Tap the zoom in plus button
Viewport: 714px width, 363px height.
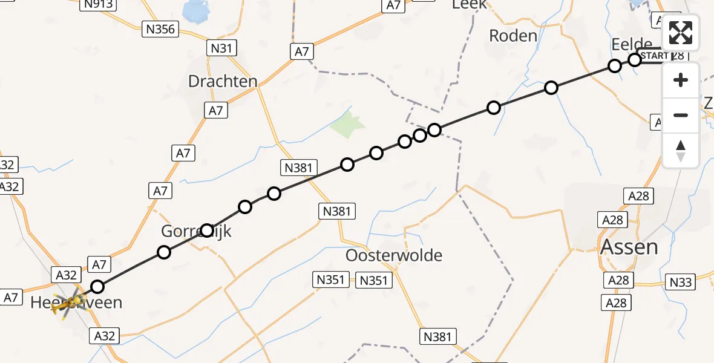click(681, 80)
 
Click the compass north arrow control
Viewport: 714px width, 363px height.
click(681, 150)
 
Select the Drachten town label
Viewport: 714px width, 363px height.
click(223, 81)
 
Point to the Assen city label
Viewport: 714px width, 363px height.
click(629, 246)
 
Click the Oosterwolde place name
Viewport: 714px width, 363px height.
click(393, 255)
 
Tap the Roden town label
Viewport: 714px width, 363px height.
click(513, 36)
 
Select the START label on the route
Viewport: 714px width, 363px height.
click(655, 56)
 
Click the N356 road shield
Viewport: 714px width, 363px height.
click(160, 29)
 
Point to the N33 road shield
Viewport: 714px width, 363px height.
click(681, 281)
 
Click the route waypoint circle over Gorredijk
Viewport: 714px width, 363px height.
click(207, 231)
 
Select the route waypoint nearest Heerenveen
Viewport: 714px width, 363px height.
click(97, 287)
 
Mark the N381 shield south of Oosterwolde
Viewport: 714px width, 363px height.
click(438, 336)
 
